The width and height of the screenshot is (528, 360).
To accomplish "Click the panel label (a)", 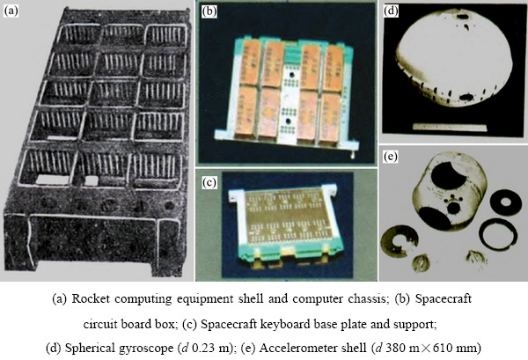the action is click(x=10, y=11).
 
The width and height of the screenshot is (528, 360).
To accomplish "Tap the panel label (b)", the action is click(x=209, y=11).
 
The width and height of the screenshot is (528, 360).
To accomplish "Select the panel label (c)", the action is click(x=209, y=182).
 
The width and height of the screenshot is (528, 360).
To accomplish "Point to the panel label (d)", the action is click(x=391, y=11).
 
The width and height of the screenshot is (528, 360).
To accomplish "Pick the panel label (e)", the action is click(x=391, y=157).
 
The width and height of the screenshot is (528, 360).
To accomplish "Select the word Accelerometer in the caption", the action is click(x=312, y=348).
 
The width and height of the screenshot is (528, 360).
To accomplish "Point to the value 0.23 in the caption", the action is click(x=202, y=349).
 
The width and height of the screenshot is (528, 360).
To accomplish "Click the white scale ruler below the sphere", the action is click(x=451, y=128).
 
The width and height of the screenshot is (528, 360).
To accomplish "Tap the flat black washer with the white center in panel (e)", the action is click(x=505, y=202).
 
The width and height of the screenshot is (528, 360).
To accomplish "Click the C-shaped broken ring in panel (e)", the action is click(x=400, y=239).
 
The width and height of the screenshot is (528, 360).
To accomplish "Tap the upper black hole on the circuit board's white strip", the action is click(x=291, y=75).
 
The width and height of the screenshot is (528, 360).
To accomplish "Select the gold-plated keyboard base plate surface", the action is click(x=285, y=220).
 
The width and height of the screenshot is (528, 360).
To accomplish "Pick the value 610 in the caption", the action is click(x=442, y=349).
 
